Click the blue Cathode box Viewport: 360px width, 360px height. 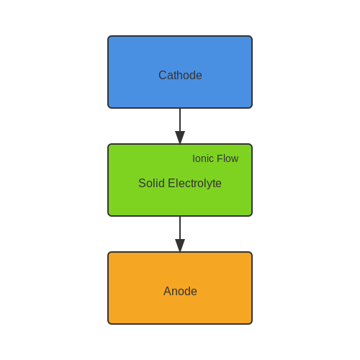180,72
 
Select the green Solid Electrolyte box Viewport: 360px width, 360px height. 180,180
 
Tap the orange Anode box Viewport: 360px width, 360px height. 180,288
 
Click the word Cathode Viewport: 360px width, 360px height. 180,75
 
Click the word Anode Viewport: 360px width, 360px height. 180,291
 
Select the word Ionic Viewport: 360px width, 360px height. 203,158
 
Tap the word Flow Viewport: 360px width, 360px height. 228,158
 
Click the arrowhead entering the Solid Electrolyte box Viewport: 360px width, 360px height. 180,138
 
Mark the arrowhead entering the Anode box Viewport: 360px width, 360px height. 180,246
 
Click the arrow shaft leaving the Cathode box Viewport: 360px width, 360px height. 180,120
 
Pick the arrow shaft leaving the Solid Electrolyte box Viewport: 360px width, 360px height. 180,228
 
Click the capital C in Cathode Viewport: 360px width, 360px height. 163,75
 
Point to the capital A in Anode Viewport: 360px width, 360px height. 168,291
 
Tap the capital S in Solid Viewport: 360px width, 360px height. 142,183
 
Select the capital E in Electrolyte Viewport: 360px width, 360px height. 171,183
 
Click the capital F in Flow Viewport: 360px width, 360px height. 220,158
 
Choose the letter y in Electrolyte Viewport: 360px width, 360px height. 210,185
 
